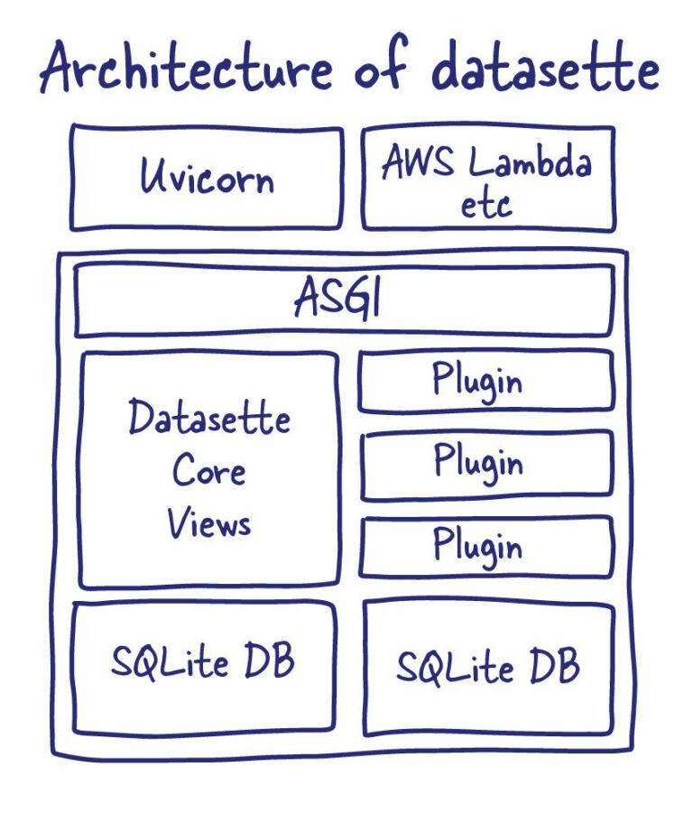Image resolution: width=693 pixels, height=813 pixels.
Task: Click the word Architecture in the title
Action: coord(186,67)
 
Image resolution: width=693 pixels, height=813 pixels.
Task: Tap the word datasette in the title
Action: coord(545,67)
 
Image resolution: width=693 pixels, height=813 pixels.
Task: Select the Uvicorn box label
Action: coord(207,176)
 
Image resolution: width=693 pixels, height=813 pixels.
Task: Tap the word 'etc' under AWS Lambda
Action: coord(486,204)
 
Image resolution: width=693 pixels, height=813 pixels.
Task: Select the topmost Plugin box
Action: coord(485,381)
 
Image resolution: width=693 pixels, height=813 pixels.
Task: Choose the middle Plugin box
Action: coord(486,465)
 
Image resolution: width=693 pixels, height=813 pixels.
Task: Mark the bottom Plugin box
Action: coord(486,547)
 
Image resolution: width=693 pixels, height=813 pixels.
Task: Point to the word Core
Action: coord(208,469)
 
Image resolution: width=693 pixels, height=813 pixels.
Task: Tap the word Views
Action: coord(208,522)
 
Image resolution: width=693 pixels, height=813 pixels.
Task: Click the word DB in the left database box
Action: coord(269,659)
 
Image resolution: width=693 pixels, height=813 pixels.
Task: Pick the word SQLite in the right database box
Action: coord(455,666)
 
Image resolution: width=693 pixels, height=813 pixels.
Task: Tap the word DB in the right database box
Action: coord(554,664)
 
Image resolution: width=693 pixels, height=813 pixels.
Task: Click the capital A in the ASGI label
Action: coord(306,296)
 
